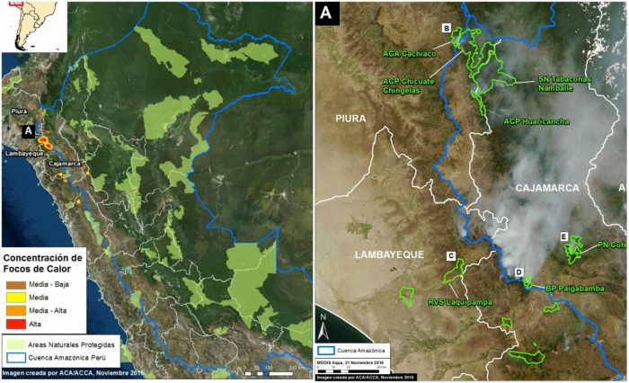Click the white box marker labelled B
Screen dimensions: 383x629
(447, 29)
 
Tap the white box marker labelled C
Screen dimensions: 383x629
(451, 255)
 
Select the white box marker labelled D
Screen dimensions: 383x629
(519, 272)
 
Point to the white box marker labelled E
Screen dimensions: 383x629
(564, 236)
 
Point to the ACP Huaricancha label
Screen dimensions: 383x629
(536, 121)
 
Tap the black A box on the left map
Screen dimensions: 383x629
(29, 131)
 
